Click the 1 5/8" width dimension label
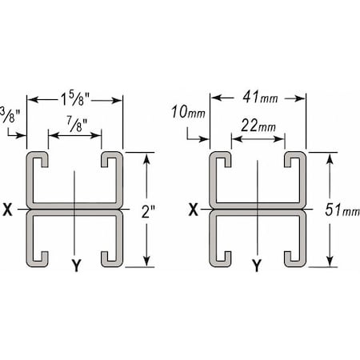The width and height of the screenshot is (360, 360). pos(74,100)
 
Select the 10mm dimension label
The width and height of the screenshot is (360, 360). pos(190,111)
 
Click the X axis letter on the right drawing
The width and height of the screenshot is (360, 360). pos(192,210)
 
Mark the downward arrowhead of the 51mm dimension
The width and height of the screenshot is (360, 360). pos(329,263)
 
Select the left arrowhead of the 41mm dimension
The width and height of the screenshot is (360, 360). pos(212,100)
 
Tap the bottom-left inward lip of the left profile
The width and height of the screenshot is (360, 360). pos(42,257)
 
